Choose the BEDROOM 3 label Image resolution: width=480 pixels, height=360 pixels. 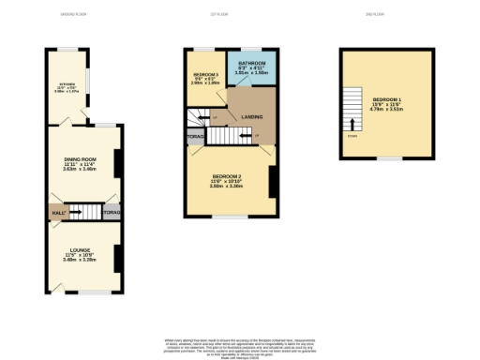click(205, 74)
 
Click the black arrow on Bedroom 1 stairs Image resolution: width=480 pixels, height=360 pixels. click(352, 122)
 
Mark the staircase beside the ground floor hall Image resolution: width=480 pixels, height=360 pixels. click(82, 212)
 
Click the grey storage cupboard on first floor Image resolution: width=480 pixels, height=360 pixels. click(194, 136)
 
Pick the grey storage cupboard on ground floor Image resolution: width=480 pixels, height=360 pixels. click(112, 213)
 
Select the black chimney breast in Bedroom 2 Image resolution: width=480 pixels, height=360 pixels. click(272, 181)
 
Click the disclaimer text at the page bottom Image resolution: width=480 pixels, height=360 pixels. click(239, 346)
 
